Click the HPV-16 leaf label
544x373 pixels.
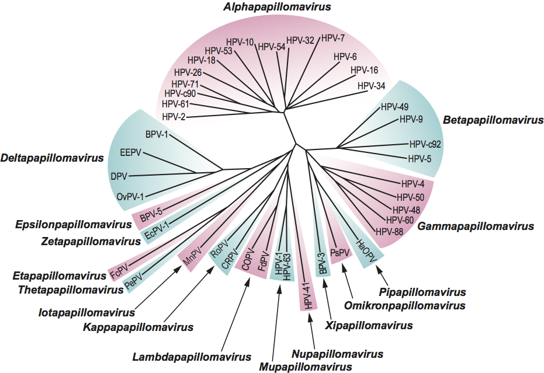(364, 71)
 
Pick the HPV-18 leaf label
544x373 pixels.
(202, 60)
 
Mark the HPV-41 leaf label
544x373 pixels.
(308, 294)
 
